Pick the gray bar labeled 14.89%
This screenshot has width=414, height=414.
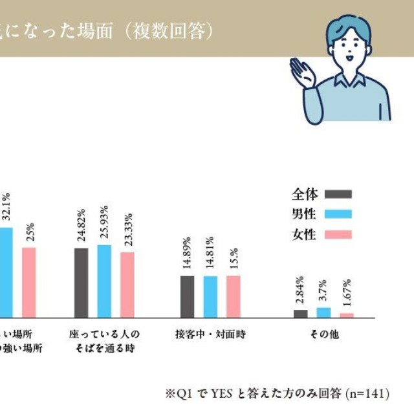pyautogui.click(x=187, y=296)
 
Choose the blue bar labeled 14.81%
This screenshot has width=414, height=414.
pyautogui.click(x=210, y=296)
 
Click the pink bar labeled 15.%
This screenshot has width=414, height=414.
pyautogui.click(x=233, y=296)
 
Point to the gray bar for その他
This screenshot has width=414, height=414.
pyautogui.click(x=300, y=314)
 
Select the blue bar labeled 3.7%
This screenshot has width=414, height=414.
pyautogui.click(x=323, y=312)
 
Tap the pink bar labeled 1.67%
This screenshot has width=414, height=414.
pyautogui.click(x=347, y=315)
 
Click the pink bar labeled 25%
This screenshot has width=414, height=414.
pyautogui.click(x=29, y=282)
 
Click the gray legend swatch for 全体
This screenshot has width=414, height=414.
pyautogui.click(x=338, y=194)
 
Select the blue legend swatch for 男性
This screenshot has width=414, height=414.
pyautogui.click(x=338, y=214)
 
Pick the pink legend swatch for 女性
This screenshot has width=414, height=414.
pyautogui.click(x=338, y=234)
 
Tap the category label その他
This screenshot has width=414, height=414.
pyautogui.click(x=323, y=334)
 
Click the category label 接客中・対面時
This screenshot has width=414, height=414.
pyautogui.click(x=210, y=334)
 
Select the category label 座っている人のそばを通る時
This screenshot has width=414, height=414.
pyautogui.click(x=104, y=341)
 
